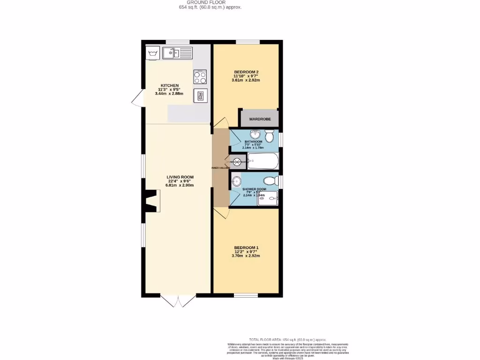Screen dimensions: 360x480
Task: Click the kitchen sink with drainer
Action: [178, 52]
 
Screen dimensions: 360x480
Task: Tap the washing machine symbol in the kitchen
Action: [152, 53]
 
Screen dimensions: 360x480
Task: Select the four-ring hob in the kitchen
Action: [200, 77]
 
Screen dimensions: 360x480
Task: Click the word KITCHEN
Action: [169, 85]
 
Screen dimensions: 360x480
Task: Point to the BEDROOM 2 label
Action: [246, 72]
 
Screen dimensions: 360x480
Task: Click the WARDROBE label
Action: [260, 119]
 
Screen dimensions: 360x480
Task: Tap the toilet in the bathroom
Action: [269, 136]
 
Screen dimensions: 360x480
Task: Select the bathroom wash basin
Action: [255, 134]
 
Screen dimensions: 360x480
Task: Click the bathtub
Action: [263, 161]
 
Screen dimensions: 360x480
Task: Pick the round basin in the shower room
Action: [236, 180]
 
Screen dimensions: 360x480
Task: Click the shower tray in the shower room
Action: [267, 199]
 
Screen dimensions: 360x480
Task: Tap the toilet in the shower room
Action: [270, 180]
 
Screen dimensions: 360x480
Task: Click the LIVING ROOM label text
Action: [180, 177]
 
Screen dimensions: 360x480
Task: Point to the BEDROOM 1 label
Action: [246, 247]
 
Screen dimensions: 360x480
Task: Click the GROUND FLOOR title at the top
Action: [210, 2]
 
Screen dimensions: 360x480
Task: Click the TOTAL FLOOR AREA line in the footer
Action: [287, 339]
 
